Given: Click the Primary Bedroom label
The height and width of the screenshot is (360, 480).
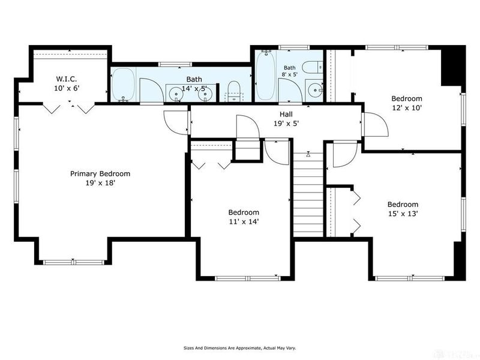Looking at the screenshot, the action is coord(100,174).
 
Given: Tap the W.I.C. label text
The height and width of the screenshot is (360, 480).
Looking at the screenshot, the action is coord(66,79).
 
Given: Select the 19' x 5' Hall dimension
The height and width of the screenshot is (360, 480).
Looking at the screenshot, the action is coord(286,124).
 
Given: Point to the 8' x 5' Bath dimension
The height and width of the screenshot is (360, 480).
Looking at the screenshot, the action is coord(290,74).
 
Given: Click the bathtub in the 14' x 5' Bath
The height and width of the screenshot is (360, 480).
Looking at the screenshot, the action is coord(123,85).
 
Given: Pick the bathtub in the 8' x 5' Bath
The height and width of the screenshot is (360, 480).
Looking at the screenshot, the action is coord(266,76).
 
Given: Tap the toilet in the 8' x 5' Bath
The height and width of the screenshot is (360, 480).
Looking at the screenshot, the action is coord(313,67).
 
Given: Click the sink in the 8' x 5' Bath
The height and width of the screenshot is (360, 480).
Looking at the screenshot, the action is coord(314,90).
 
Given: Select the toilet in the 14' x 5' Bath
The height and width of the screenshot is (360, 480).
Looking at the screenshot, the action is coord(234,91).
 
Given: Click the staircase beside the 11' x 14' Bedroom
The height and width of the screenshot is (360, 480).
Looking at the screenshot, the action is coord(308,194).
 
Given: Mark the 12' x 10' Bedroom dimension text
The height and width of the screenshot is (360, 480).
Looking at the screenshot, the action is coord(407,108).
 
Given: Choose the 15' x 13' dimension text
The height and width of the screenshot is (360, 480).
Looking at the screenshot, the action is coord(403,214).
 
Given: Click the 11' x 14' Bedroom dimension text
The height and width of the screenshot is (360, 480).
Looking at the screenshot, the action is coord(244,221).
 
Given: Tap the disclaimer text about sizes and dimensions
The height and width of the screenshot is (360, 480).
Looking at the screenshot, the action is coord(239,348).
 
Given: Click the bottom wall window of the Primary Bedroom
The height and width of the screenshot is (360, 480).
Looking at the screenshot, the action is coord(73,262).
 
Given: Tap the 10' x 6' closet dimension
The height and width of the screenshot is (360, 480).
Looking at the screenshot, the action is coord(66,88).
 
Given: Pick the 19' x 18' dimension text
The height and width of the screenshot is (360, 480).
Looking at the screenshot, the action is coord(100,184).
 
